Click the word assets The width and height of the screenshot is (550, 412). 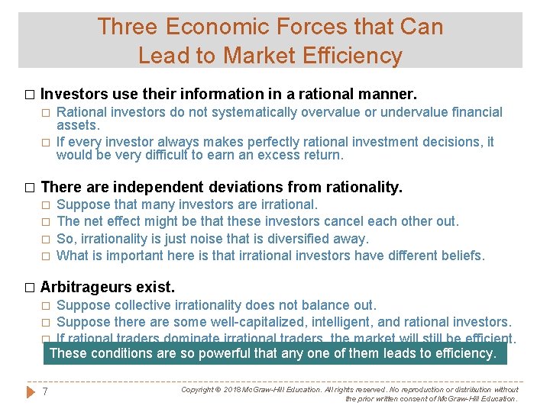[78, 125]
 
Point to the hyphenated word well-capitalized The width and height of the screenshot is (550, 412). [262, 322]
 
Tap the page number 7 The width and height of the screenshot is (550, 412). [46, 392]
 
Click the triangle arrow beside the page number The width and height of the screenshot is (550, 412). [30, 392]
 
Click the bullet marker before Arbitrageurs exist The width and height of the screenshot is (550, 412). [30, 288]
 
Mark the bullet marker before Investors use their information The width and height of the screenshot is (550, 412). [30, 95]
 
